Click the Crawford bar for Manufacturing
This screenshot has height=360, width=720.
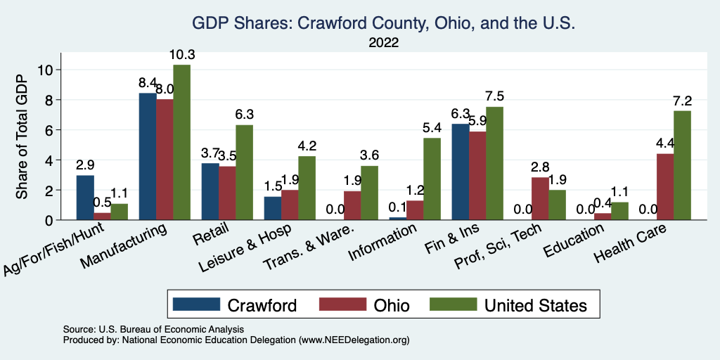pos(148,157)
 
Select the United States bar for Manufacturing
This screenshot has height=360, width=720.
pos(181,143)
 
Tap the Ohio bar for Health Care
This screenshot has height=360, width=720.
pos(665,187)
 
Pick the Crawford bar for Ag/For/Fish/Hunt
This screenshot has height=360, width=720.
pos(85,198)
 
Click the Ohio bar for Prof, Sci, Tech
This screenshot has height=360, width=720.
pos(540,199)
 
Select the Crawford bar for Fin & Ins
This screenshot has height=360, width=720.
pos(460,172)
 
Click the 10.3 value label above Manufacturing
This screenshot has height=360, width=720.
pos(181,55)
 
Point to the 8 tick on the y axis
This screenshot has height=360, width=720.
pos(49,100)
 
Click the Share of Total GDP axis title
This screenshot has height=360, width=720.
pos(23,136)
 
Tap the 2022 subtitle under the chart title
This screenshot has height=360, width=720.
pos(383,43)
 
